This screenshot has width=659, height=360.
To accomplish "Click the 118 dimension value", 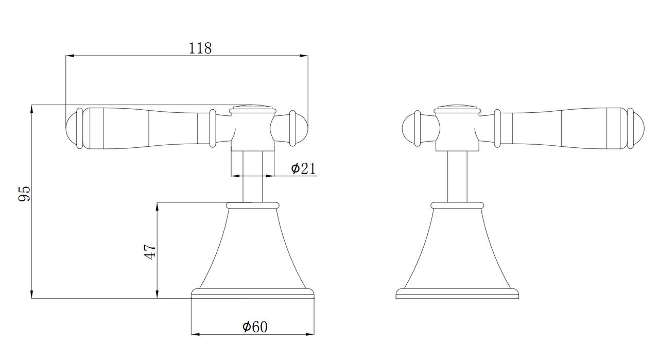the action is click(200, 48).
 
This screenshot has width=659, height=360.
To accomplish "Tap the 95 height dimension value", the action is click(24, 194).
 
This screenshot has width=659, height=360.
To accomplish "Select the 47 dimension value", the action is click(150, 252).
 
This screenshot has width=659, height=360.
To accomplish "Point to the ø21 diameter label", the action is click(303, 168).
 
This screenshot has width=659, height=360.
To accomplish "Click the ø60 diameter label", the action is click(255, 327).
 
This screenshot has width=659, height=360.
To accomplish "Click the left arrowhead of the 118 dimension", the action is click(70, 55).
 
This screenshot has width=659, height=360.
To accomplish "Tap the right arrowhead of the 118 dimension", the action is click(304, 55).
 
